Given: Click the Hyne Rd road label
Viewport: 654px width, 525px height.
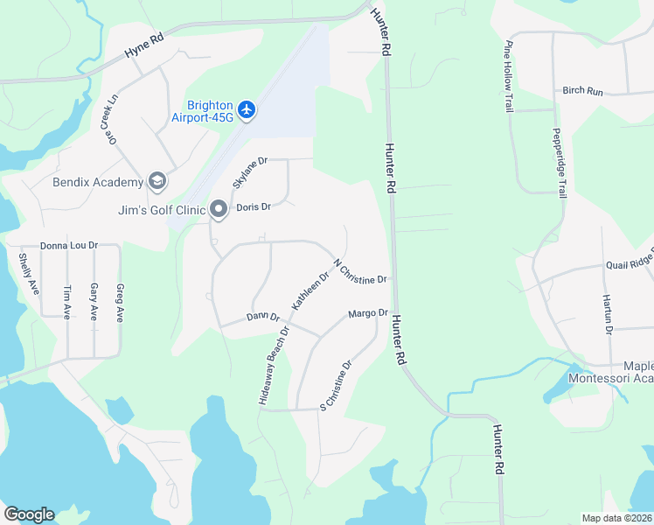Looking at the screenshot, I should (x=143, y=47).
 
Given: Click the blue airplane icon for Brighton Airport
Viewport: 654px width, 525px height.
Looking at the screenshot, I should (x=247, y=109).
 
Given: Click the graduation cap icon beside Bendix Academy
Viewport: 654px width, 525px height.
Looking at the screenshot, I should (x=157, y=181).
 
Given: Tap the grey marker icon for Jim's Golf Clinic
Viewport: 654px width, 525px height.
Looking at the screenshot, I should (x=218, y=208).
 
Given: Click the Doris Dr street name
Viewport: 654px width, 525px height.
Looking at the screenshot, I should (x=254, y=207).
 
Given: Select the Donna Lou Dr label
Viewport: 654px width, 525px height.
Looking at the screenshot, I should (x=69, y=247).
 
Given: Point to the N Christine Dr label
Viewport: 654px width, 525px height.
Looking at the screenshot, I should (x=360, y=271).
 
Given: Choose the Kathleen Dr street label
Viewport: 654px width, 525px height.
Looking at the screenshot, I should (x=310, y=290).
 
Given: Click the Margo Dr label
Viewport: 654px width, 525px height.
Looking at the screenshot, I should (x=368, y=313).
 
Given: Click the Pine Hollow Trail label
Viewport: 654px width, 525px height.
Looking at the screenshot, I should (x=507, y=76).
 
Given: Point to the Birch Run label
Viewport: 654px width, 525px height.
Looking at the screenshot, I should (x=583, y=91).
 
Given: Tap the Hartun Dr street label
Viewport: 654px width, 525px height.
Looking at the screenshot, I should (x=609, y=311).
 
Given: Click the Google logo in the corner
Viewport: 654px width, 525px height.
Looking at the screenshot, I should (x=29, y=514).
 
